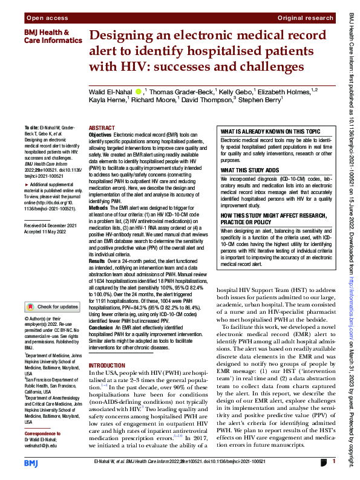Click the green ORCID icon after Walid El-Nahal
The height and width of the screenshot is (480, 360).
tap(139, 91)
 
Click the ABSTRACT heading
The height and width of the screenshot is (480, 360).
tap(102, 128)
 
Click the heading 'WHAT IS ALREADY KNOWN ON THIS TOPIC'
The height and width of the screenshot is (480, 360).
tap(270, 131)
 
